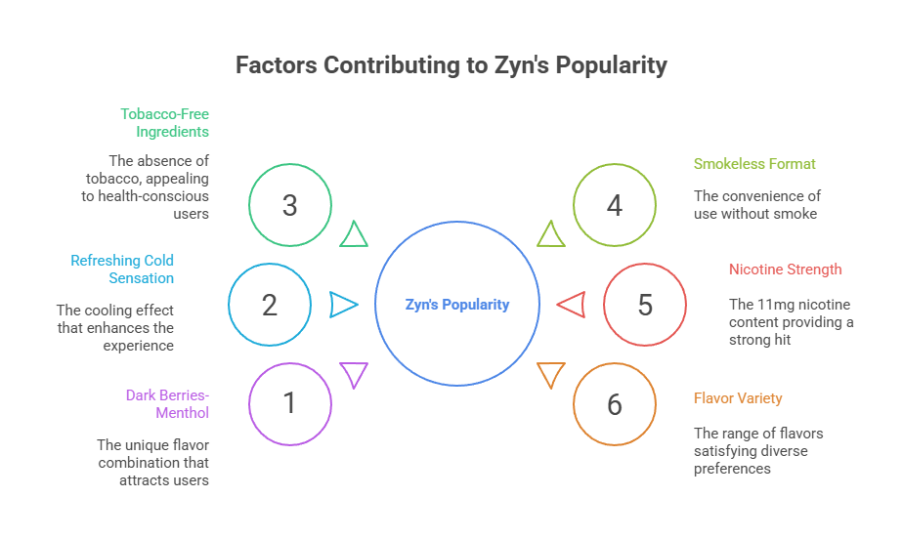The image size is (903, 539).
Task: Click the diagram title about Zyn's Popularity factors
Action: tap(451, 65)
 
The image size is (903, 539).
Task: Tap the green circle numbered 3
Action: tap(289, 205)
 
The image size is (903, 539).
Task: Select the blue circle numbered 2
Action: tap(270, 305)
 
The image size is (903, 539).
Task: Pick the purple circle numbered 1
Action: tap(289, 403)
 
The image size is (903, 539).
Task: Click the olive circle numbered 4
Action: tap(614, 205)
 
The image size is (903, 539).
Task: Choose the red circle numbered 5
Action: tap(644, 305)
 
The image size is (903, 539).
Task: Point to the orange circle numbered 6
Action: tap(614, 403)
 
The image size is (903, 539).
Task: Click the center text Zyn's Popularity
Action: tap(457, 305)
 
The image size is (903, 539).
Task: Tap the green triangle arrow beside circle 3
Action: tap(354, 234)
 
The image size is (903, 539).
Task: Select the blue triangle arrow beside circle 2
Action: tap(342, 305)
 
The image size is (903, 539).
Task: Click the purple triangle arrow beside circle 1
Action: tap(354, 373)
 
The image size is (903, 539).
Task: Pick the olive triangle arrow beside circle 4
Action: tap(551, 234)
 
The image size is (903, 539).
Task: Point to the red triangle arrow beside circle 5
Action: tap(573, 305)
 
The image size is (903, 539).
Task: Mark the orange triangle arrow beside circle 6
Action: tap(551, 373)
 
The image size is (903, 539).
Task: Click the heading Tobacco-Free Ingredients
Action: tap(164, 122)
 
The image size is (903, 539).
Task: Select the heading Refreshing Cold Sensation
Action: tap(122, 269)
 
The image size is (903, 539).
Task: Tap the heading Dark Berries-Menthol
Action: tap(167, 403)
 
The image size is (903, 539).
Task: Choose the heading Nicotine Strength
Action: tap(785, 269)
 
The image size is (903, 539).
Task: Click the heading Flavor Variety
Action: tap(738, 398)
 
